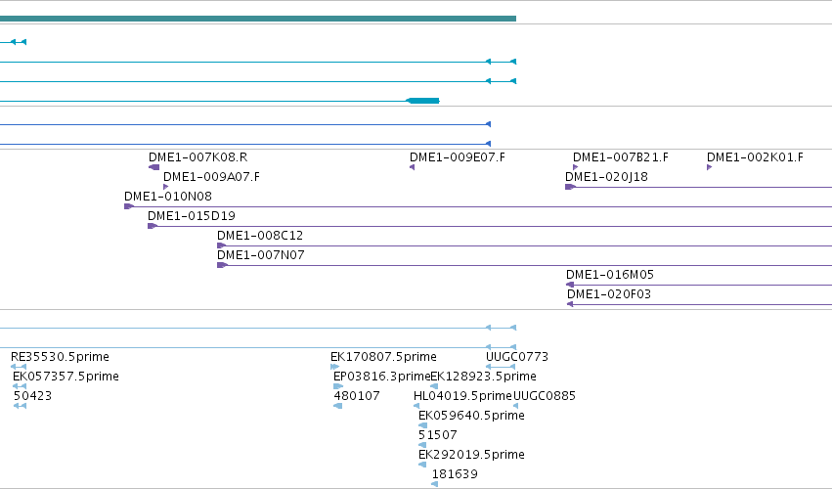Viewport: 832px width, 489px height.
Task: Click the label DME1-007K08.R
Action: [x=197, y=157]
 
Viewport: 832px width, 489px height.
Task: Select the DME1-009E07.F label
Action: [x=458, y=157]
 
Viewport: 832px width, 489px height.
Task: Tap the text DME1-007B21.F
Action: [x=621, y=157]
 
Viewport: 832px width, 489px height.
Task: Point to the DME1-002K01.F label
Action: [x=755, y=157]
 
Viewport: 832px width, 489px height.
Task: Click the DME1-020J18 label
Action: [x=606, y=177]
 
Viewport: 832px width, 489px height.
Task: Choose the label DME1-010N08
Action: [x=168, y=197]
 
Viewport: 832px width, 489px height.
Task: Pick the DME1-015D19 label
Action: [x=192, y=216]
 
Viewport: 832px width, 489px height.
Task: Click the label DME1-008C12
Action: [x=260, y=235]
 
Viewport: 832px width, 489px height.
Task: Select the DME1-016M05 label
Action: [x=610, y=275]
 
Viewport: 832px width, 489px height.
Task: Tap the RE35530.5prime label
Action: [x=60, y=357]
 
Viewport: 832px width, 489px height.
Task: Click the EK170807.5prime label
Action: [x=383, y=357]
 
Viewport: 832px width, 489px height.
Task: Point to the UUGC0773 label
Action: [x=517, y=357]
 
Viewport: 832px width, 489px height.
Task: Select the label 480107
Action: [x=357, y=396]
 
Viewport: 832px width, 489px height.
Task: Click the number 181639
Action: [x=455, y=474]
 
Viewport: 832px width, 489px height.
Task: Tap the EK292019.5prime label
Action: [x=471, y=455]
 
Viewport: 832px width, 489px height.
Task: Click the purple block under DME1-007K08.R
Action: [x=153, y=167]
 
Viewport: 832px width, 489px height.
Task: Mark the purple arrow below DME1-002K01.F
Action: [x=710, y=167]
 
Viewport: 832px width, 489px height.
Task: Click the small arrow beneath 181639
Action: [x=434, y=484]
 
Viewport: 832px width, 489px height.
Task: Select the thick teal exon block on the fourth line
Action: [x=423, y=101]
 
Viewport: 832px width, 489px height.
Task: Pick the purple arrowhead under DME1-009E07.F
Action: [x=412, y=167]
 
